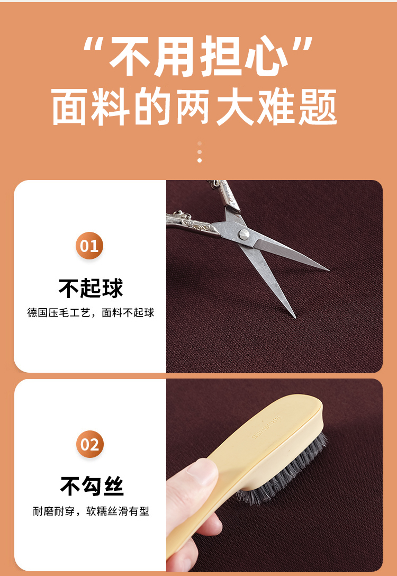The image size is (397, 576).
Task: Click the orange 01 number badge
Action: point(89,246)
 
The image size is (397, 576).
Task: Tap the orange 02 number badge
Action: point(90,445)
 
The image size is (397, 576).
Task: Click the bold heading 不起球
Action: point(91,289)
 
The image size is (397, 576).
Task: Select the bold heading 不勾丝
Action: point(92,487)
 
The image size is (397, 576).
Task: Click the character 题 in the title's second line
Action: point(317,106)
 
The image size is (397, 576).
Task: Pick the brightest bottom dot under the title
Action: point(200,160)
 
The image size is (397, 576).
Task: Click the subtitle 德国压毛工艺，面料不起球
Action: point(91,313)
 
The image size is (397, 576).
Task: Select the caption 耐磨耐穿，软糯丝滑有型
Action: point(91,511)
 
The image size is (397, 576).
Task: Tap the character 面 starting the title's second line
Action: point(70,106)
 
